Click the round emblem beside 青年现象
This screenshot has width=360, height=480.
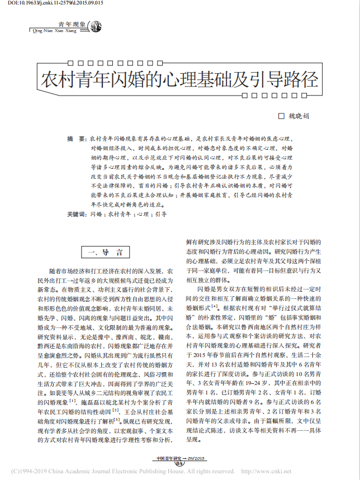(96, 26)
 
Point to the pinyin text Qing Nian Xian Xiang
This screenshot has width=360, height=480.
(61, 31)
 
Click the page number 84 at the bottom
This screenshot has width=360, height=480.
(179, 463)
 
